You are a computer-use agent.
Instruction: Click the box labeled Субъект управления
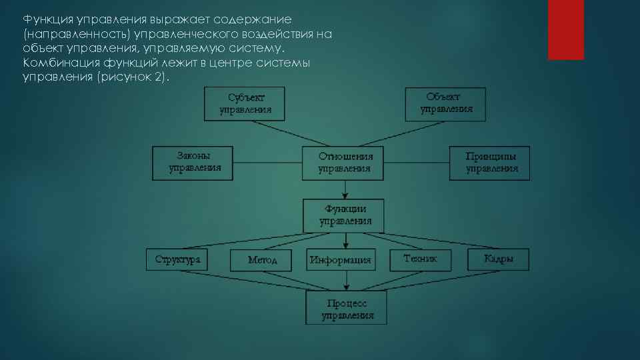click(245, 103)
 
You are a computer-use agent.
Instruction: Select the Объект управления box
click(445, 103)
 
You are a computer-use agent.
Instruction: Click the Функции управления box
click(345, 215)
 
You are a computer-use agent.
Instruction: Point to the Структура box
click(177, 259)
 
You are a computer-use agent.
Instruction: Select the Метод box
click(261, 259)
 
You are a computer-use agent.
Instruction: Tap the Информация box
click(340, 259)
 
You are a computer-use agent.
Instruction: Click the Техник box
click(421, 259)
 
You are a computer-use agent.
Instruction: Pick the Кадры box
click(498, 259)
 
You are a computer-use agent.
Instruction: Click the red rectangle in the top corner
click(565, 29)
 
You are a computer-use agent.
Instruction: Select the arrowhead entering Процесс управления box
click(346, 287)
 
